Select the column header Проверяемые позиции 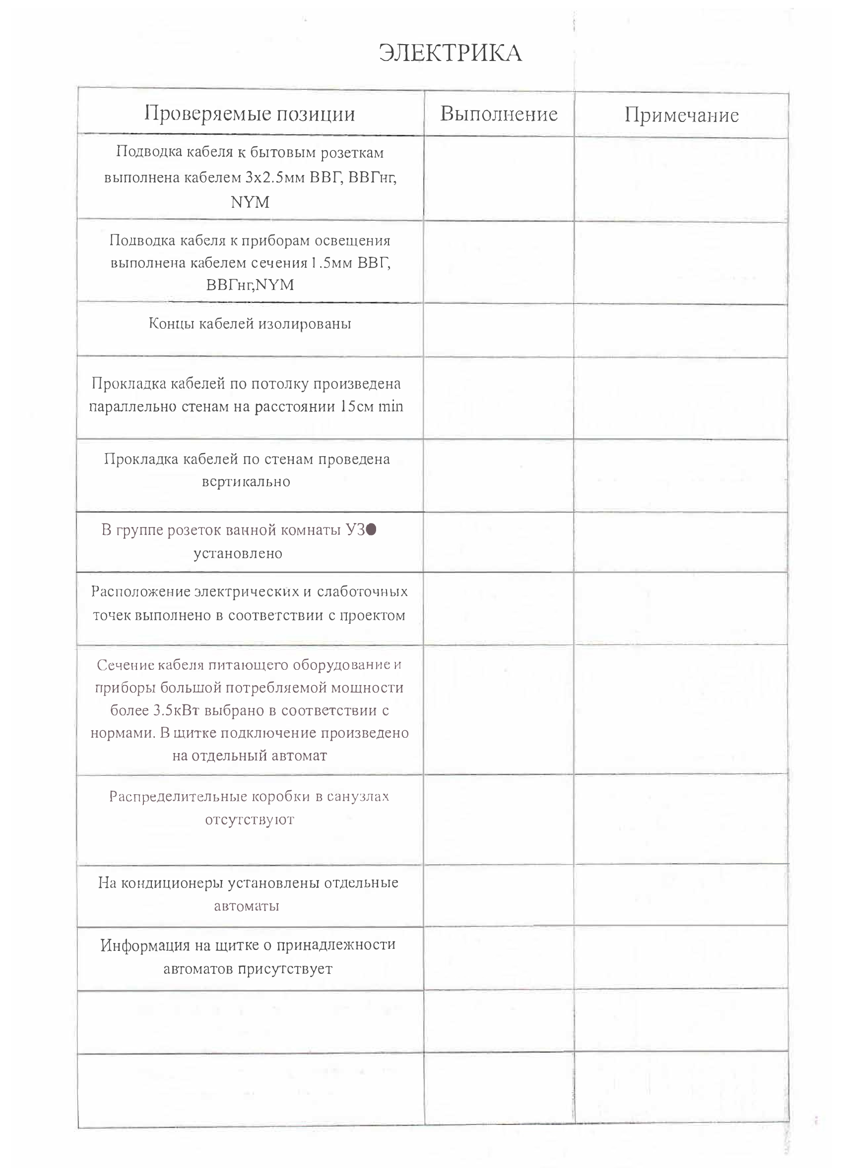250,114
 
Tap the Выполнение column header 499,114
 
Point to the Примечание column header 681,115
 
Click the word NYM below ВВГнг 250,202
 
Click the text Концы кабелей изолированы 250,324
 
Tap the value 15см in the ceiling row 357,406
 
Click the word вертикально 246,482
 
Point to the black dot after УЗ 371,529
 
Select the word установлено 238,553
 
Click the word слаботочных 362,591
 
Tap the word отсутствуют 250,820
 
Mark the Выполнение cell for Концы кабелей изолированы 499,330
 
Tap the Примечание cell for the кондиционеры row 681,894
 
